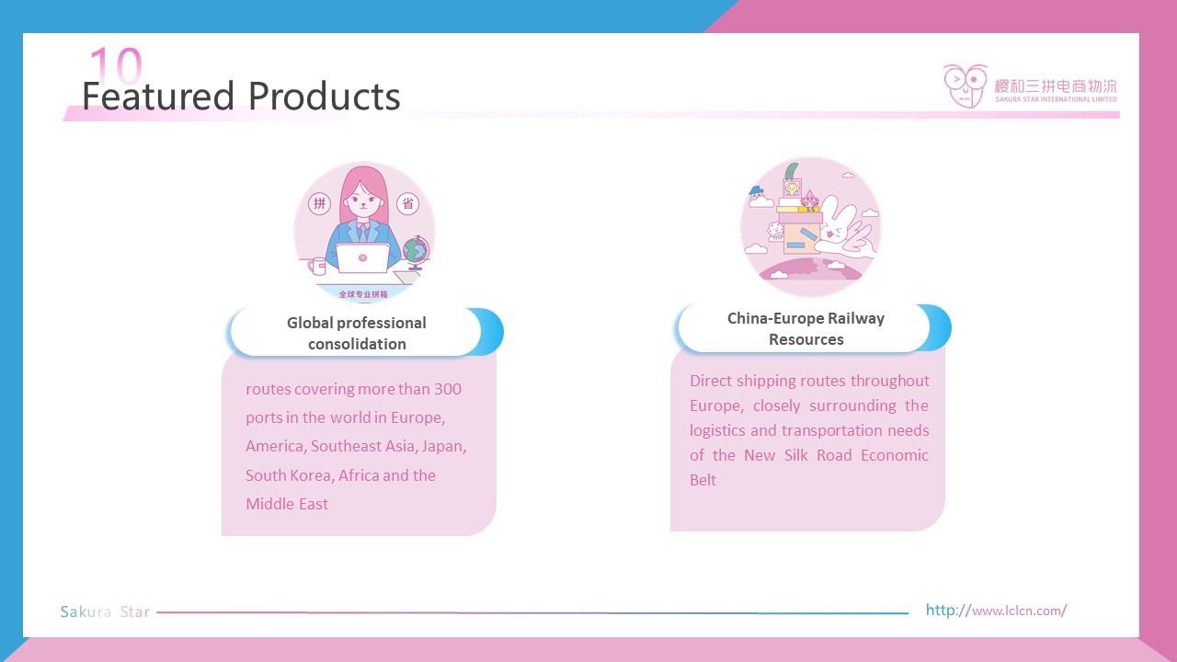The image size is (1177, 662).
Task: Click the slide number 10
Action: [x=116, y=64]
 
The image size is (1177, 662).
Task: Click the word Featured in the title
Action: [x=158, y=97]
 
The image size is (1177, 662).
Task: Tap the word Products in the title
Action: [x=324, y=97]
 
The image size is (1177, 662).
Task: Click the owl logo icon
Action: [x=966, y=86]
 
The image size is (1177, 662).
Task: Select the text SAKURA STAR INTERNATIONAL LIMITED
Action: [x=1057, y=99]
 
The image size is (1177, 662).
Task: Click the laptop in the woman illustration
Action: [x=362, y=258]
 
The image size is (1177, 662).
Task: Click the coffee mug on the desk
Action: [x=317, y=266]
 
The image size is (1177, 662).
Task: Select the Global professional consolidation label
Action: [x=357, y=333]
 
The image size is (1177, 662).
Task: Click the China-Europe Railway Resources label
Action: [x=806, y=329]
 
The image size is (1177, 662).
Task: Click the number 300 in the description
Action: [x=448, y=389]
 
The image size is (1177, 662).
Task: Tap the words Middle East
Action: [x=287, y=505]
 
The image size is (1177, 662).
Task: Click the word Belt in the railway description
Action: [x=703, y=480]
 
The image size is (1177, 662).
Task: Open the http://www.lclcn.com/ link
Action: [x=996, y=611]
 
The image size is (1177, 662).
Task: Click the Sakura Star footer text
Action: [x=105, y=612]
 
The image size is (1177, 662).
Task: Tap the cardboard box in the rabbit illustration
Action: [x=800, y=238]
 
